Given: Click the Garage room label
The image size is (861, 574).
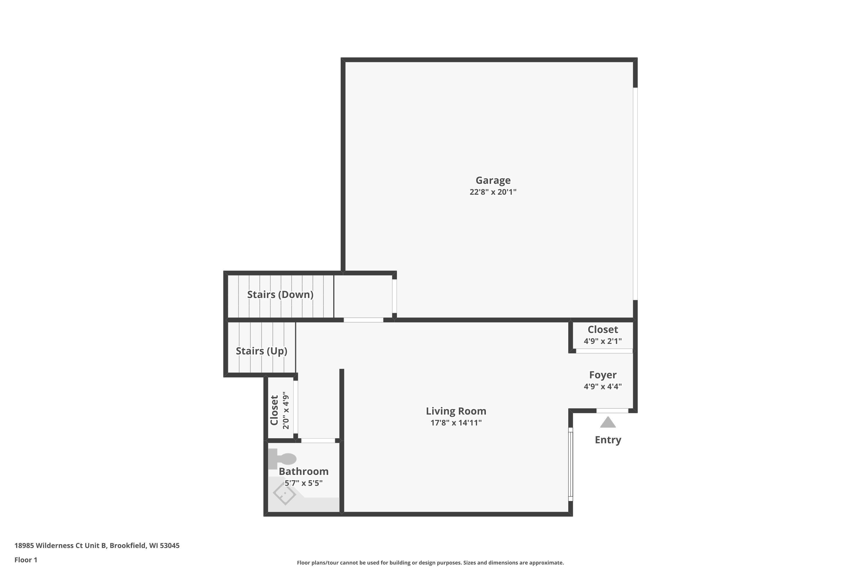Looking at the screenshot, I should (x=493, y=180).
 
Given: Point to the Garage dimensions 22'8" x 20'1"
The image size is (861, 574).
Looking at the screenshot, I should (x=493, y=192).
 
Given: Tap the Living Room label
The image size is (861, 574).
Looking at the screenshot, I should (x=456, y=411).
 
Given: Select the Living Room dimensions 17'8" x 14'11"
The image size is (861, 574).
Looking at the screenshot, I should (x=456, y=423).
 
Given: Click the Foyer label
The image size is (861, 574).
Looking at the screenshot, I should (x=602, y=375).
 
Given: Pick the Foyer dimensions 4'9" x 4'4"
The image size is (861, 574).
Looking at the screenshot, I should (x=602, y=386).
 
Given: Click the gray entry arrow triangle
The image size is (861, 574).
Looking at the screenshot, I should (x=608, y=422).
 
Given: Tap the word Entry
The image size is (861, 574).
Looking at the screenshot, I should (x=608, y=440).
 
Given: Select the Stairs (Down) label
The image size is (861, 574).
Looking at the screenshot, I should (x=280, y=294).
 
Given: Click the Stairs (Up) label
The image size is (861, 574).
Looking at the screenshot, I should (x=261, y=351).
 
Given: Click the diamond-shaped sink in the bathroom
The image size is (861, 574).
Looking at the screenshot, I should (x=284, y=494).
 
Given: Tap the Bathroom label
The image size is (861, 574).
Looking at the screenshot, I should (x=303, y=472).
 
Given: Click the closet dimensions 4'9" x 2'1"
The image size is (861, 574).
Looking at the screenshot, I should (x=602, y=341).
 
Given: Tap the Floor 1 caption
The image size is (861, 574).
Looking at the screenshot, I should (x=26, y=560).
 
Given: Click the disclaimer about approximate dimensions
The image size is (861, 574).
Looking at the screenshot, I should (x=430, y=563).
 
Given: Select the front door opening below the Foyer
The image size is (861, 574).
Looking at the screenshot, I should (x=612, y=411).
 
